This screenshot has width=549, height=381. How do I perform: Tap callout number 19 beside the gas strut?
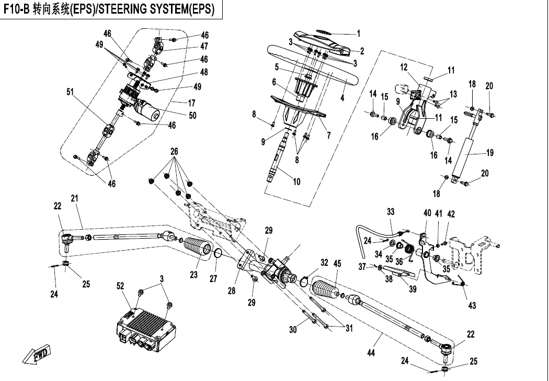[x=490, y=153]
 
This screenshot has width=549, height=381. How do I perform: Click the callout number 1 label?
[x=359, y=33]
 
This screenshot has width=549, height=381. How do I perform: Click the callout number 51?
[x=70, y=92]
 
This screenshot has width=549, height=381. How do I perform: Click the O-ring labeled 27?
[x=219, y=255]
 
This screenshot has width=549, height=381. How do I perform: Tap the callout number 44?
[x=371, y=353]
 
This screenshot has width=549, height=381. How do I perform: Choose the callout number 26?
[x=174, y=151]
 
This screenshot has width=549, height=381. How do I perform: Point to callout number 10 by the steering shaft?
[x=296, y=182]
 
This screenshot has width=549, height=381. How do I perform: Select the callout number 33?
[x=391, y=211]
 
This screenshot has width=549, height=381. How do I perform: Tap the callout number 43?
[x=472, y=306]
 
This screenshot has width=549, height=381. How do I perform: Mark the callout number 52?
[x=121, y=286]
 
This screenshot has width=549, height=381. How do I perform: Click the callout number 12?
[x=404, y=67]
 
